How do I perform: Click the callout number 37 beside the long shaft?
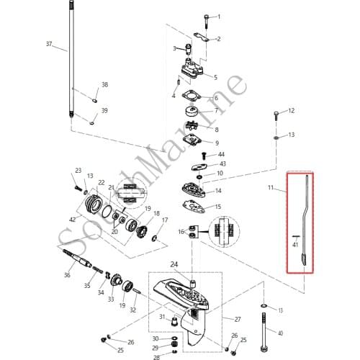pyautogui.click(x=49, y=44)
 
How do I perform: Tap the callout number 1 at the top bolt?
pyautogui.click(x=219, y=16)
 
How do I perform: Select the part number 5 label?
pyautogui.click(x=216, y=77)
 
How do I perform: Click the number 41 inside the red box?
pyautogui.click(x=295, y=245)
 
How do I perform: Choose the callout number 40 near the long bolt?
pyautogui.click(x=280, y=333)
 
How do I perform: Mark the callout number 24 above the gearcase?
pyautogui.click(x=193, y=264)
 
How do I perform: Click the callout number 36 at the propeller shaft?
pyautogui.click(x=67, y=274)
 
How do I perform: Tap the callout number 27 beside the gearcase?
pyautogui.click(x=237, y=318)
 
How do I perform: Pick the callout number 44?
pyautogui.click(x=221, y=155)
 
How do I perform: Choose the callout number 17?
pyautogui.click(x=165, y=220)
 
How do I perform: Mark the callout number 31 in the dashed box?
pyautogui.click(x=162, y=317)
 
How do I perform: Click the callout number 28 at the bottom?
pyautogui.click(x=156, y=356)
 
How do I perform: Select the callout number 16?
pyautogui.click(x=181, y=232)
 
